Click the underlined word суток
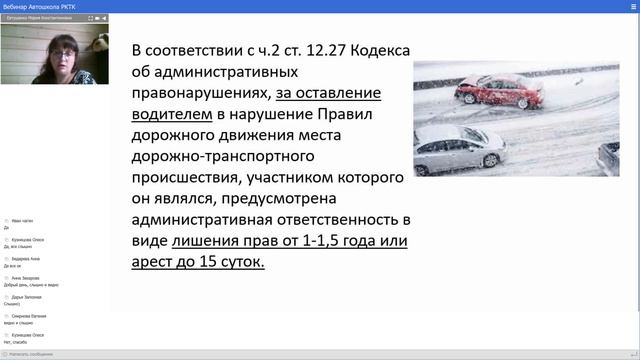[234, 261]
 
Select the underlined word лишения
[206, 240]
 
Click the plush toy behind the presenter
[100, 42]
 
